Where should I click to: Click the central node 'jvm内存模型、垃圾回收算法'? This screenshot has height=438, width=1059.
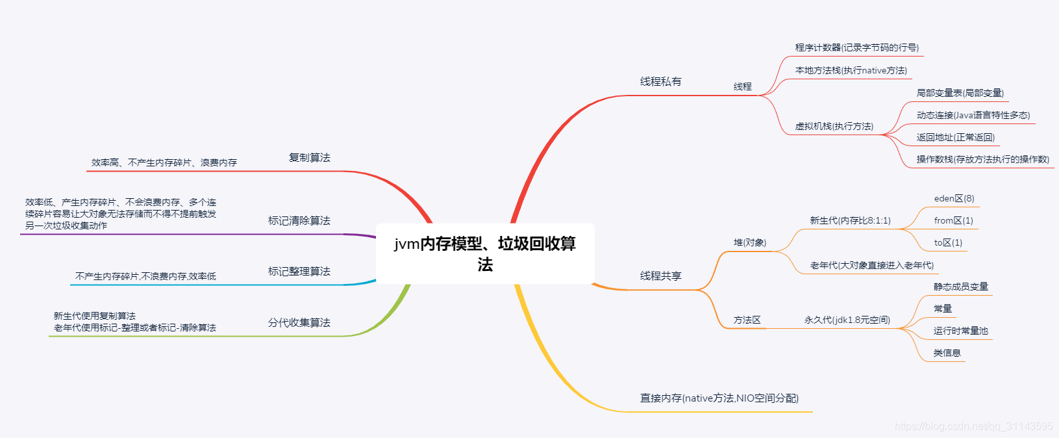pos(485,253)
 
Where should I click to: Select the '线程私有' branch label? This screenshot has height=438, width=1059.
pos(660,82)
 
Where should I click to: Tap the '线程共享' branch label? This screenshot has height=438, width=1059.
pos(660,276)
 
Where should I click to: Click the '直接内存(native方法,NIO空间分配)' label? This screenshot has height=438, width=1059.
pos(719,398)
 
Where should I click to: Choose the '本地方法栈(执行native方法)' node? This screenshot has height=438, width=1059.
pos(851,71)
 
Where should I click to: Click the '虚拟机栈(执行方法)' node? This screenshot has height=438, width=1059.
pos(834,127)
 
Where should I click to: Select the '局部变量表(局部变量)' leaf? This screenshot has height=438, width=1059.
pos(960,94)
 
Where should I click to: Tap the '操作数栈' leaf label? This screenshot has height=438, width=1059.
pos(982,160)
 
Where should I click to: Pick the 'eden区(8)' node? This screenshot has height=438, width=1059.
pos(954,199)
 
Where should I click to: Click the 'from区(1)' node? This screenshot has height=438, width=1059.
pos(953,221)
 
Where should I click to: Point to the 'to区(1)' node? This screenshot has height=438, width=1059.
pos(948,243)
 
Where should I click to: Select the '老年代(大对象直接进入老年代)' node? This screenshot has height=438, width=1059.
pos(871,266)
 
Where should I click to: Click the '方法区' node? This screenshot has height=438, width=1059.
pos(747,320)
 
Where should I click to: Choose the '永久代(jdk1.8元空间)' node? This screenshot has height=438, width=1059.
pos(847,320)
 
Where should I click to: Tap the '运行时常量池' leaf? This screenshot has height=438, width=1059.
pos(960,331)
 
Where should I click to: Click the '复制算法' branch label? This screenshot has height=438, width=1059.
pos(309,158)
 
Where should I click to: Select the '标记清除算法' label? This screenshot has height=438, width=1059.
pos(299,221)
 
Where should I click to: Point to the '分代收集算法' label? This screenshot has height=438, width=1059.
pos(299,323)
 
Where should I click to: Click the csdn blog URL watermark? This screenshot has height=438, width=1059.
pos(973,426)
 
